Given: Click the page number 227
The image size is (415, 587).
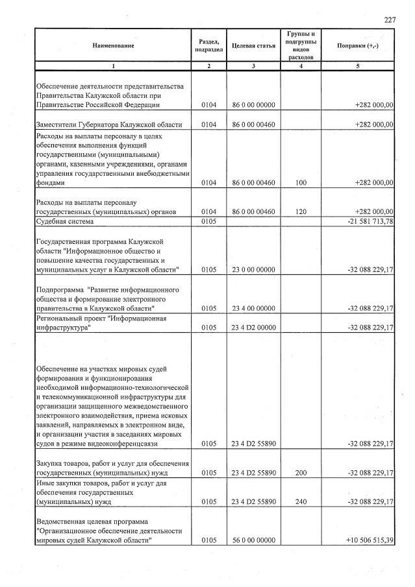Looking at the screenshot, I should [x=390, y=20].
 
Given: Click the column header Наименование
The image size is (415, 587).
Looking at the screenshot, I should [x=113, y=45].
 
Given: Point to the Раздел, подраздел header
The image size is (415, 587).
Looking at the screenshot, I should [x=208, y=45].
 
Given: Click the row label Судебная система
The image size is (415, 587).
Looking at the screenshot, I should [x=65, y=221].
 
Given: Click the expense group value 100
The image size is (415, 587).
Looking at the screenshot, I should [x=300, y=183].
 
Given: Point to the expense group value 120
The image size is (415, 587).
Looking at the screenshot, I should [x=300, y=211].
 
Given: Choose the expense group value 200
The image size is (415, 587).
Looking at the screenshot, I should [x=300, y=472].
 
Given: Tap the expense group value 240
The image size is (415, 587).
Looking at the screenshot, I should [x=300, y=501].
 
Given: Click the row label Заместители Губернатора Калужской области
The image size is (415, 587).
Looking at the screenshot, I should [x=109, y=125].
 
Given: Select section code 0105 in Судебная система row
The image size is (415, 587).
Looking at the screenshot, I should [x=208, y=221].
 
